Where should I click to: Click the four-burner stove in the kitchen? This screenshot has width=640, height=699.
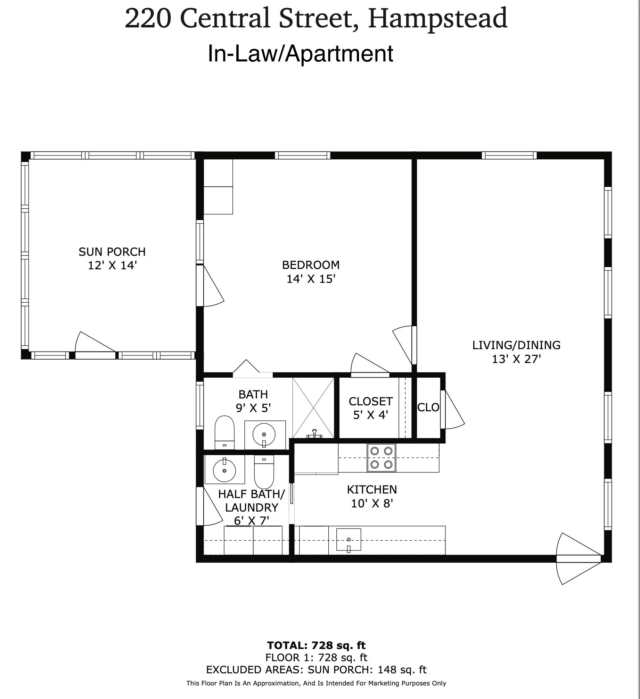click(x=381, y=457)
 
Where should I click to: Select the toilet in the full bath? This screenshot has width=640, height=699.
click(x=224, y=432)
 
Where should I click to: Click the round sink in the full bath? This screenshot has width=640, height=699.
click(x=264, y=434)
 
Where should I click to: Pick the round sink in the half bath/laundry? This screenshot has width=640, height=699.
click(x=224, y=470)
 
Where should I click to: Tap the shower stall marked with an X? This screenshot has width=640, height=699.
click(x=313, y=408)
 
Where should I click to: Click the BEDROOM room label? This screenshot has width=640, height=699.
click(x=311, y=265)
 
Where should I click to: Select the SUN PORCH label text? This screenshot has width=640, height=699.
click(x=112, y=252)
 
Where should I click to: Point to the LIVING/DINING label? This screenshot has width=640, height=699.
click(x=516, y=345)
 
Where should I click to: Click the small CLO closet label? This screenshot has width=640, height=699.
click(x=428, y=407)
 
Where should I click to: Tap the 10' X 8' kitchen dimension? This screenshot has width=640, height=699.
click(x=372, y=503)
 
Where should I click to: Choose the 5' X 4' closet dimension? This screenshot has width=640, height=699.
click(x=370, y=415)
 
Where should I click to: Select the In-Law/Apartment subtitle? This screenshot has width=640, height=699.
click(x=301, y=54)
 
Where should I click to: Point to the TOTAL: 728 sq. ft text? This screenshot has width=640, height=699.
click(x=316, y=645)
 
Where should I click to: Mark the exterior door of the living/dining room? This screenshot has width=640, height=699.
click(x=579, y=559)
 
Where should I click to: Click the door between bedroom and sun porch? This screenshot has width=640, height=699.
click(x=210, y=286)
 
